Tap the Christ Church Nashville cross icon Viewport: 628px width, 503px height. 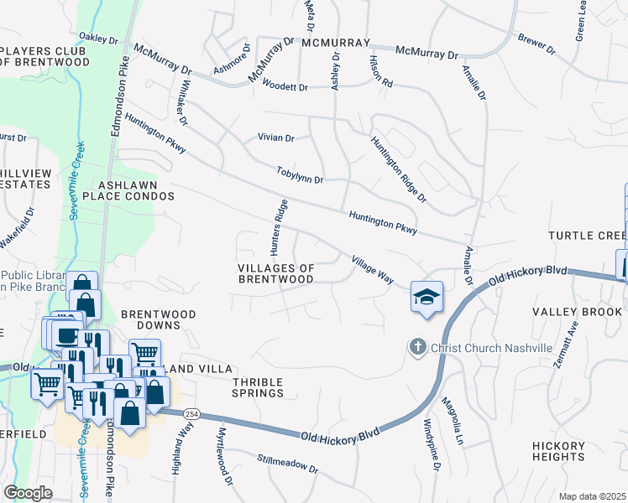coord(416,346)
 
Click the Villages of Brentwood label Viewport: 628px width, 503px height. coord(276,273)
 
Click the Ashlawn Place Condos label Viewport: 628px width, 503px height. coord(136,189)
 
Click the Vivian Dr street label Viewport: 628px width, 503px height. coord(276,138)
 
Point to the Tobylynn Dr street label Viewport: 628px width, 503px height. coord(300,175)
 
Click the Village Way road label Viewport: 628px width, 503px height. coord(373,270)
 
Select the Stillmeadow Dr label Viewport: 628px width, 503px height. coord(288,464)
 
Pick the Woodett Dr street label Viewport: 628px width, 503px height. coord(285,86)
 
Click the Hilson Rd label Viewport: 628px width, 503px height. coord(381,71)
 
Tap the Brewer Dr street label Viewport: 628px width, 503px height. coord(537,44)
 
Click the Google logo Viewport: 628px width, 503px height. coord(28,493)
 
